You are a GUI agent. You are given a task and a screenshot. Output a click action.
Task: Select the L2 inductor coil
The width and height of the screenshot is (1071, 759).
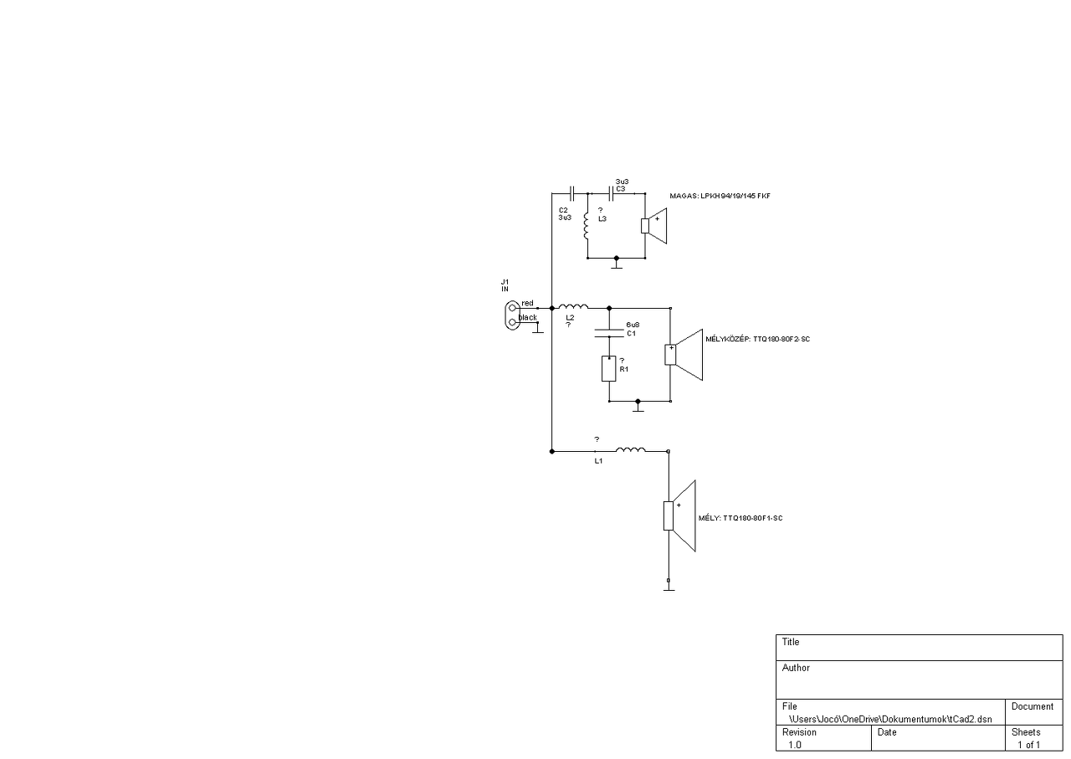(x=573, y=306)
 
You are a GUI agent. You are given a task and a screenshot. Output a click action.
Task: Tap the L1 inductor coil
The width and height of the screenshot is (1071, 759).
(x=630, y=450)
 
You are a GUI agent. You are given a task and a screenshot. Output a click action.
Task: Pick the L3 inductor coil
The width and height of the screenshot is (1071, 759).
(x=587, y=224)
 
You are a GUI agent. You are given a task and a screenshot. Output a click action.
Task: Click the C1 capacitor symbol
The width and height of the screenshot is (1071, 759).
(x=609, y=333)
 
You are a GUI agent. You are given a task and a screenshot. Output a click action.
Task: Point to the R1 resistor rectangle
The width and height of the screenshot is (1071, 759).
(x=609, y=368)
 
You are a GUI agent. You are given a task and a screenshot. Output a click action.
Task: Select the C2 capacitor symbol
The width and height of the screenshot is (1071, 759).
(x=571, y=192)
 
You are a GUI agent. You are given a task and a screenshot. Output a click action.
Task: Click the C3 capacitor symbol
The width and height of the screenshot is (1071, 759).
(x=612, y=192)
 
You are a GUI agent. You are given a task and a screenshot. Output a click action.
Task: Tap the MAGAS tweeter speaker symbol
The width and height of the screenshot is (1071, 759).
(x=654, y=225)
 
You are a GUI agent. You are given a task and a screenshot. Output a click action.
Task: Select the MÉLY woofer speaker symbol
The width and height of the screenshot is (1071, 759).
(x=680, y=515)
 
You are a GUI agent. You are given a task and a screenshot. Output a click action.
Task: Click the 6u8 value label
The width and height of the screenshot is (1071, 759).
(x=633, y=323)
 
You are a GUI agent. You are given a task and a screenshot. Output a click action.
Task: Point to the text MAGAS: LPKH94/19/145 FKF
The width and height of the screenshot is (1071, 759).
(x=720, y=196)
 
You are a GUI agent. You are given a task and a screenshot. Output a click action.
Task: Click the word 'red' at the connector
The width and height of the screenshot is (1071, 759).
(x=527, y=303)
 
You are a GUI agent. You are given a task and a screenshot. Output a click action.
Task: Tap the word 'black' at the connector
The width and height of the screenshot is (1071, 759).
(x=528, y=318)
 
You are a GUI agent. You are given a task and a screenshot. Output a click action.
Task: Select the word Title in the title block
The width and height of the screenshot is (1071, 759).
(x=791, y=642)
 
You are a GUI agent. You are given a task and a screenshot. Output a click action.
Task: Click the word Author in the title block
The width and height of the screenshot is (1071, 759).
(x=796, y=668)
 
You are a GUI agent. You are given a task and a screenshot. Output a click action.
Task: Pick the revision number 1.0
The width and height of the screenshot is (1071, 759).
(x=794, y=744)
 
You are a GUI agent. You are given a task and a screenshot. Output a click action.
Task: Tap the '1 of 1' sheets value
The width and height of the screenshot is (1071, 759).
(x=1028, y=744)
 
